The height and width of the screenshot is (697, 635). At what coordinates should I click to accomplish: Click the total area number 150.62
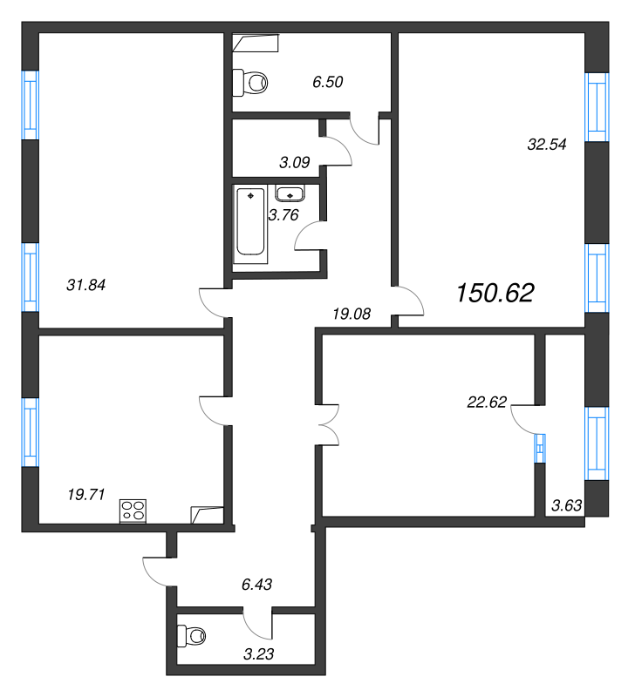click(x=495, y=294)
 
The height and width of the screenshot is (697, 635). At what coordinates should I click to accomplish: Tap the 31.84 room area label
click(x=85, y=285)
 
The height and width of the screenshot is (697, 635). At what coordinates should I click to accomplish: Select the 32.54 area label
click(x=547, y=145)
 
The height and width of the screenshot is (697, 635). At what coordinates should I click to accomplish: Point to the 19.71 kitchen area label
click(x=86, y=494)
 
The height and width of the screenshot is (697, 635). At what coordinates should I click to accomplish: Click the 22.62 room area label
click(x=487, y=403)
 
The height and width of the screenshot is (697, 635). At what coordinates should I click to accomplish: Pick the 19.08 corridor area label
click(x=352, y=315)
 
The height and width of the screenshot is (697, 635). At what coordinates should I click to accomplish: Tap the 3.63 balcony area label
click(x=566, y=505)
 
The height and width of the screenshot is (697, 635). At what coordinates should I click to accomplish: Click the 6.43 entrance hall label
click(x=256, y=585)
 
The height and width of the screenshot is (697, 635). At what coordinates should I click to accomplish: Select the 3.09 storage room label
click(x=295, y=163)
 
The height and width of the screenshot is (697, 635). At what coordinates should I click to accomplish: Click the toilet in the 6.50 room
click(x=250, y=82)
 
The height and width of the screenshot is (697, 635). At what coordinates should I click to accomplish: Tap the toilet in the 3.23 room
click(x=191, y=636)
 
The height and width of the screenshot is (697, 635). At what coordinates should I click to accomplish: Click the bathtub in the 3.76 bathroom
click(x=250, y=222)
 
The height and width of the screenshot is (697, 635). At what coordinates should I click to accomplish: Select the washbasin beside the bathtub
click(x=290, y=193)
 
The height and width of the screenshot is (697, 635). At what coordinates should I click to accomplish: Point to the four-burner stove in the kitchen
click(x=133, y=511)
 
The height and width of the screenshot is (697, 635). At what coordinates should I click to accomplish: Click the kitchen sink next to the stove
click(x=207, y=515)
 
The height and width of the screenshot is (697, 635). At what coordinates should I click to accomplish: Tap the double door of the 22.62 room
click(x=330, y=424)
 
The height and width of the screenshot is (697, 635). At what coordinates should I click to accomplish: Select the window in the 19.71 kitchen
click(x=31, y=432)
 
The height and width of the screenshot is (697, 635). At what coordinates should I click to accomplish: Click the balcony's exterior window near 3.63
click(x=597, y=443)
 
